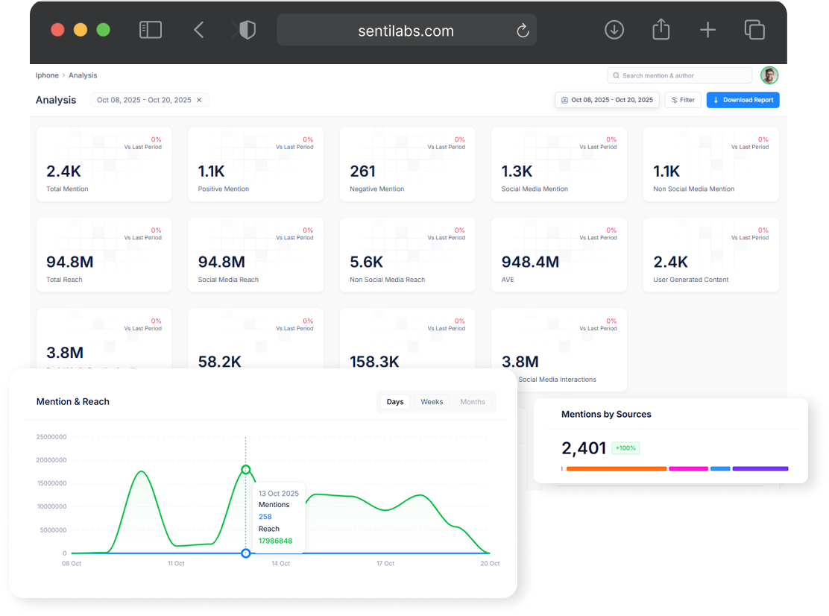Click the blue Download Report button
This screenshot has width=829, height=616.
pos(743,100)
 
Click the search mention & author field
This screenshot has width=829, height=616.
pos(679,75)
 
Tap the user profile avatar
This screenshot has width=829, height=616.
pos(769,75)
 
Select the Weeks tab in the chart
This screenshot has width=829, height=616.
pos(432,402)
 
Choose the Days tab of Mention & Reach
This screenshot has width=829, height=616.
pos(395,402)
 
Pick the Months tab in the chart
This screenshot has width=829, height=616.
pos(473,402)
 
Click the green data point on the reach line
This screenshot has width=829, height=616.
pos(246,470)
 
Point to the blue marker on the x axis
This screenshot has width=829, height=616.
pos(246,553)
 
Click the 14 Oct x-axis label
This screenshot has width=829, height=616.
pos(280,564)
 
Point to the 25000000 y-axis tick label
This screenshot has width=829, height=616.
pos(51,437)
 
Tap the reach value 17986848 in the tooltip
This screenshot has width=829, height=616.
pos(275,541)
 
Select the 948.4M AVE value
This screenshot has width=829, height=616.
pos(530,262)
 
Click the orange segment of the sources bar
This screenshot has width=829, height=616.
pos(616,468)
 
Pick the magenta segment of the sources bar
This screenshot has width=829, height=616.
pos(688,468)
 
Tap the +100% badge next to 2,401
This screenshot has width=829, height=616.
pos(625,448)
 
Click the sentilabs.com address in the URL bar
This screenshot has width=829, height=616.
pos(406,31)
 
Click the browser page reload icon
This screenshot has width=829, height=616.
pos(523,31)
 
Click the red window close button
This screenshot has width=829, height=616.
pos(57,30)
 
